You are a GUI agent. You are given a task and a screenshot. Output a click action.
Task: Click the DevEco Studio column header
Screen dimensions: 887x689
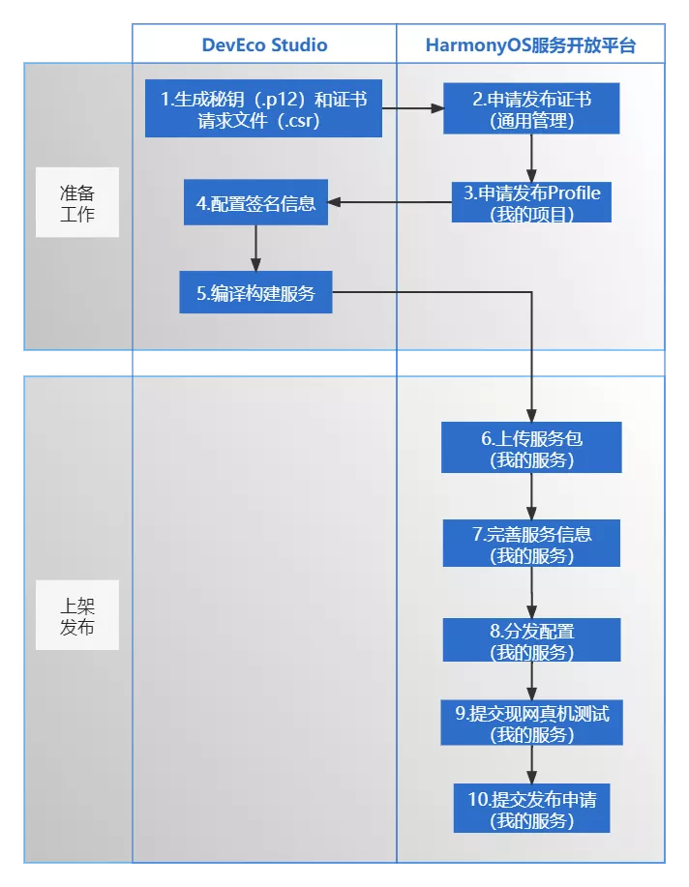pos(264,44)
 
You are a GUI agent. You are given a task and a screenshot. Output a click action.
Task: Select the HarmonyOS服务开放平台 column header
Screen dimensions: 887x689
pos(530,44)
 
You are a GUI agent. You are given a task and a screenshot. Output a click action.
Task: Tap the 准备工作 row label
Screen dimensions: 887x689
pos(77,201)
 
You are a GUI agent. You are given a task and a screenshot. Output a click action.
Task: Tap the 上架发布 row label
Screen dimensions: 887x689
pos(77,615)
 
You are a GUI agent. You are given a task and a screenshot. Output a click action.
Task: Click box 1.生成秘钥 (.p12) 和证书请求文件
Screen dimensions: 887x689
pos(263,109)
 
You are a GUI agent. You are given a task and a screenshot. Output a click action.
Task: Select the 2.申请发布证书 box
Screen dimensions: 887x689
pos(531,109)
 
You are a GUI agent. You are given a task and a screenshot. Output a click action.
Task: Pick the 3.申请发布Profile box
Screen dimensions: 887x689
pos(531,202)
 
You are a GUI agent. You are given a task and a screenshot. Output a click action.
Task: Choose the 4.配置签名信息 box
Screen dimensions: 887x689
pos(255,202)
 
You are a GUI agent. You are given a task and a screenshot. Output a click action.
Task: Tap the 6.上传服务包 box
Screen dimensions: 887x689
pos(531,448)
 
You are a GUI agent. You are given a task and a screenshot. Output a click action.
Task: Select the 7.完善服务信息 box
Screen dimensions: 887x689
pos(531,544)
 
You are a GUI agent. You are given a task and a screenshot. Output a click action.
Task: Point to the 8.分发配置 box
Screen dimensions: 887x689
pos(531,640)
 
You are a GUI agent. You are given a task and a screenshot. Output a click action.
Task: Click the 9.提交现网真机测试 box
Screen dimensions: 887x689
pos(531,724)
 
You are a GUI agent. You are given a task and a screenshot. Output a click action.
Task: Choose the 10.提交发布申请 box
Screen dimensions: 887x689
pos(531,809)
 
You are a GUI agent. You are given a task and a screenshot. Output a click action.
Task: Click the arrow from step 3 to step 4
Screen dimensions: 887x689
pos(390,202)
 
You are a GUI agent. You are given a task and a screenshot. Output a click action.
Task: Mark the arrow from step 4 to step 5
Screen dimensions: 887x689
pos(255,249)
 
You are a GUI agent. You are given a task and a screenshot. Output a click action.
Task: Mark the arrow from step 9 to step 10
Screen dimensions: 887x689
pos(531,765)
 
